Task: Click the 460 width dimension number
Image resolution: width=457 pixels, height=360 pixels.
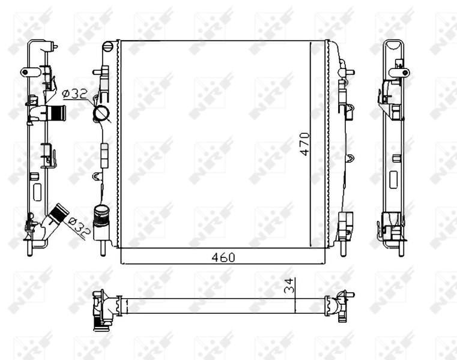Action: pos(222,257)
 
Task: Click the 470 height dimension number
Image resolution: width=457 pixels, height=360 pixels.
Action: pos(304,144)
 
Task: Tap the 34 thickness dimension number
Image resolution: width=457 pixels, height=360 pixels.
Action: pos(289,287)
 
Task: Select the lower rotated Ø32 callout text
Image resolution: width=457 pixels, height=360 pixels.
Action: pos(77,227)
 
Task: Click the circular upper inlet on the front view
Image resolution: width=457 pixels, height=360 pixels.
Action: pos(101,112)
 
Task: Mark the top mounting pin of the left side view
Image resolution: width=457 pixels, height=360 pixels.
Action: pos(55,46)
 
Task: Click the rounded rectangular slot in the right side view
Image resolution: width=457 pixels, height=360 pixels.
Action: pos(394,181)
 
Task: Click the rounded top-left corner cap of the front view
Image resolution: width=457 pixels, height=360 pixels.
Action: pos(108,46)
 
